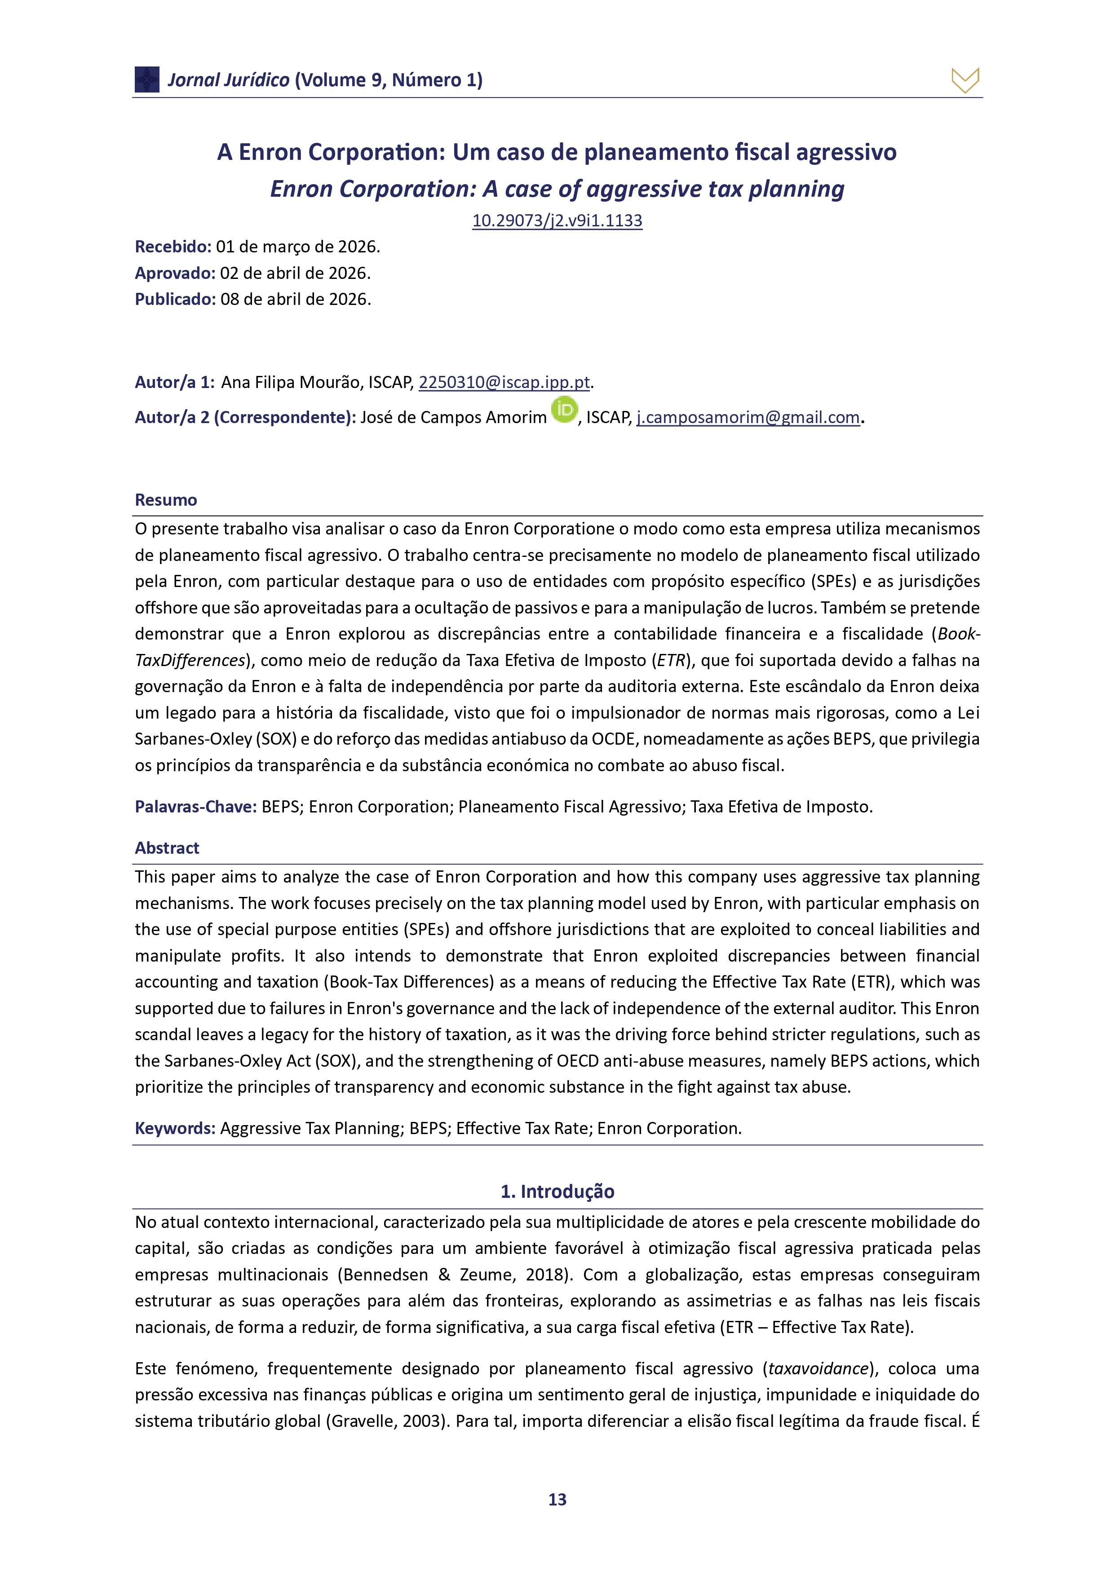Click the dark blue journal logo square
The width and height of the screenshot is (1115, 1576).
pyautogui.click(x=147, y=79)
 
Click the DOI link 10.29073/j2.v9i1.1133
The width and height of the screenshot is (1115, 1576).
pyautogui.click(x=557, y=221)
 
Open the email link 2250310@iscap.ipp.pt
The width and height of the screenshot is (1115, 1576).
pyautogui.click(x=504, y=382)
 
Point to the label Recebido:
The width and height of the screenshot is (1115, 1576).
pyautogui.click(x=173, y=247)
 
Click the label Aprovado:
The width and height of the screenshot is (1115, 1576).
pyautogui.click(x=175, y=273)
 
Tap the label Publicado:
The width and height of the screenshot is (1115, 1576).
pyautogui.click(x=175, y=299)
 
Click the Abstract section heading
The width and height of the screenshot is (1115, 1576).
pyautogui.click(x=167, y=848)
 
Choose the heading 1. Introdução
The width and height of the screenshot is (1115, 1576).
pyautogui.click(x=557, y=1191)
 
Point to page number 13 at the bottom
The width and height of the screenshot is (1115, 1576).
pyautogui.click(x=557, y=1500)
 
